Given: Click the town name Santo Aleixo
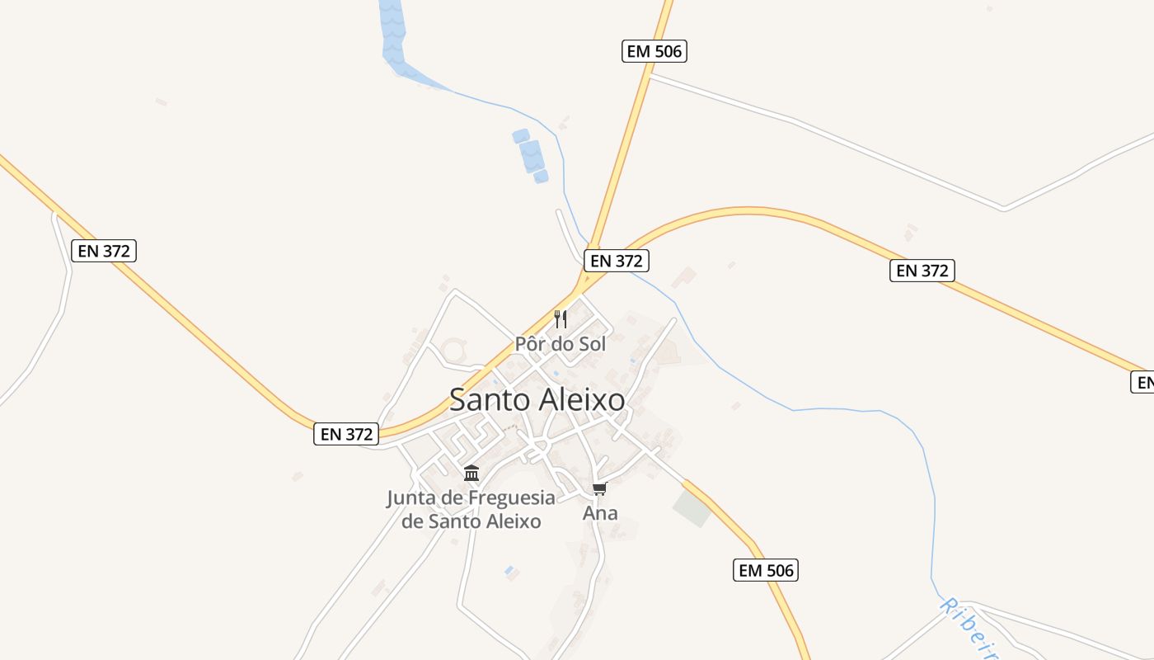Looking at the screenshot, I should point(537,400).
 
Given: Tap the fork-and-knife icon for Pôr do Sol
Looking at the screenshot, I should point(561,318).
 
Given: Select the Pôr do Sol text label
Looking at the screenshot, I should point(561,343).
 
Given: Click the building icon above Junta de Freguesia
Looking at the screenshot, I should point(471,473).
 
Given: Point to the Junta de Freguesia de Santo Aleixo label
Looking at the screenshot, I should point(471,509).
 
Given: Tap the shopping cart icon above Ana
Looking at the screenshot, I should point(600,489).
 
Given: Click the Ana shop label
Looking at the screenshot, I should point(600,513).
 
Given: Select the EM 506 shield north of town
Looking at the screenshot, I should point(654,51).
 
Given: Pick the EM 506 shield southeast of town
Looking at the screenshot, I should point(765,569).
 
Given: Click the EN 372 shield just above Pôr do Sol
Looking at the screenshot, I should point(617,261).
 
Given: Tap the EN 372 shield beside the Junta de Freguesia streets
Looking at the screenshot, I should point(346,434).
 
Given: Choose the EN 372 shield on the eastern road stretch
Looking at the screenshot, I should point(922,270).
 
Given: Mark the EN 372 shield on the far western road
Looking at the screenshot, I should point(104,251).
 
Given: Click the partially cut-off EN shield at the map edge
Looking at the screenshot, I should point(1142,382).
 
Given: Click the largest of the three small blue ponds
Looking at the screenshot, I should point(530,155).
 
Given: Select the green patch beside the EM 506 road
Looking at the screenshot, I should point(692,508).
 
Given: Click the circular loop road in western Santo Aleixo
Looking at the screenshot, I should point(453,350).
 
